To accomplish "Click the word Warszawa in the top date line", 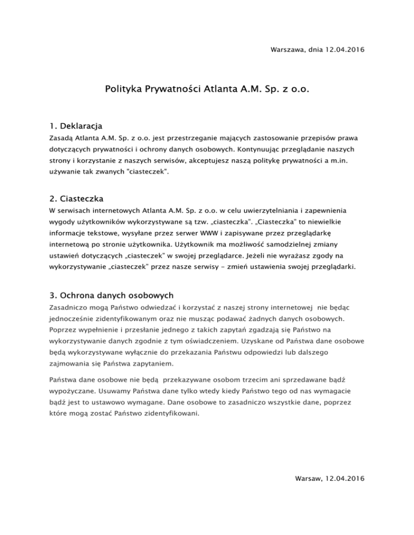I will coord(287,50).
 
